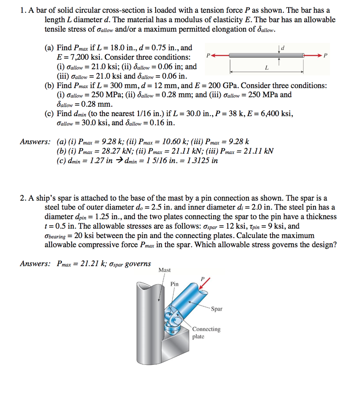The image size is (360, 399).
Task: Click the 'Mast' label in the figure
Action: [x=164, y=270]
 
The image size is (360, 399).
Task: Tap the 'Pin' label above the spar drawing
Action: [x=174, y=284]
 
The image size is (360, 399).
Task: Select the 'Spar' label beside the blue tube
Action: [x=216, y=309]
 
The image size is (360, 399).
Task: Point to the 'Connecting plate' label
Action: [x=206, y=332]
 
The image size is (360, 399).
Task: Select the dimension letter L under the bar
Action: [x=266, y=69]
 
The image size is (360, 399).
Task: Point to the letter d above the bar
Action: [x=282, y=48]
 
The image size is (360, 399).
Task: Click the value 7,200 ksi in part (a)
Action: [x=82, y=57]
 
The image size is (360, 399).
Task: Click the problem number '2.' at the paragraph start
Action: [x=23, y=198]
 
